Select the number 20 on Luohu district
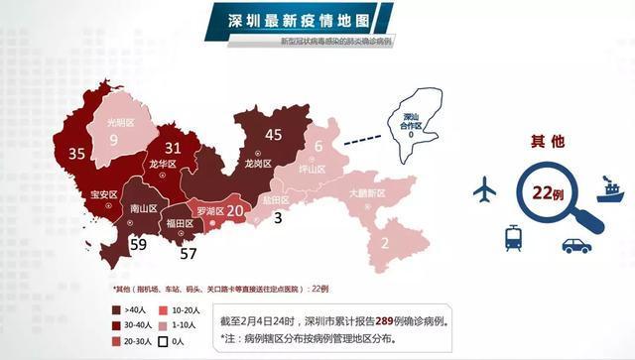[x=235, y=210]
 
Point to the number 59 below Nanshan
[x=138, y=244]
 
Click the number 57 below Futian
[x=188, y=254]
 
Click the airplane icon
[x=485, y=186]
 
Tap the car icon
[x=575, y=243]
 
